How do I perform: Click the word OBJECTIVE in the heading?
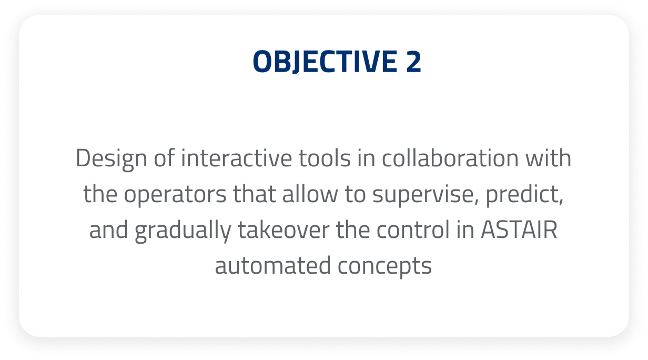coord(325,62)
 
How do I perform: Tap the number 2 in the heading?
coord(413,62)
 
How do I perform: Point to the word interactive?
coord(237,158)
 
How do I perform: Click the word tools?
coord(325,158)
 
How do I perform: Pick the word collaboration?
coord(450,158)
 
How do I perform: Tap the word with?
coord(548,158)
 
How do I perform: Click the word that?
coord(254,194)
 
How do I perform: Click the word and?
coord(108,230)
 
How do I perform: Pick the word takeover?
coord(283,230)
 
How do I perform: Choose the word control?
coord(413,230)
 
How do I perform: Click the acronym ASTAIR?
coord(519,230)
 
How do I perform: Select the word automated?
coord(273,266)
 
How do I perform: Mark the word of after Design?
coord(164,158)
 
